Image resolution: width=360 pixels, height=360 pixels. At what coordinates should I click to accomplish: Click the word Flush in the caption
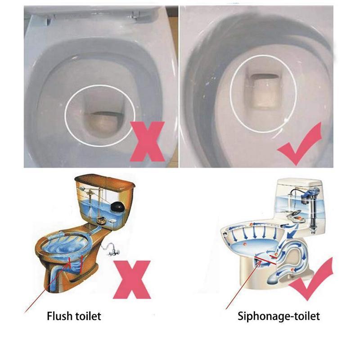58,316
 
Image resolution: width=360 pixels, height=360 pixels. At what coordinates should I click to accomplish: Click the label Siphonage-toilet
279,316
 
